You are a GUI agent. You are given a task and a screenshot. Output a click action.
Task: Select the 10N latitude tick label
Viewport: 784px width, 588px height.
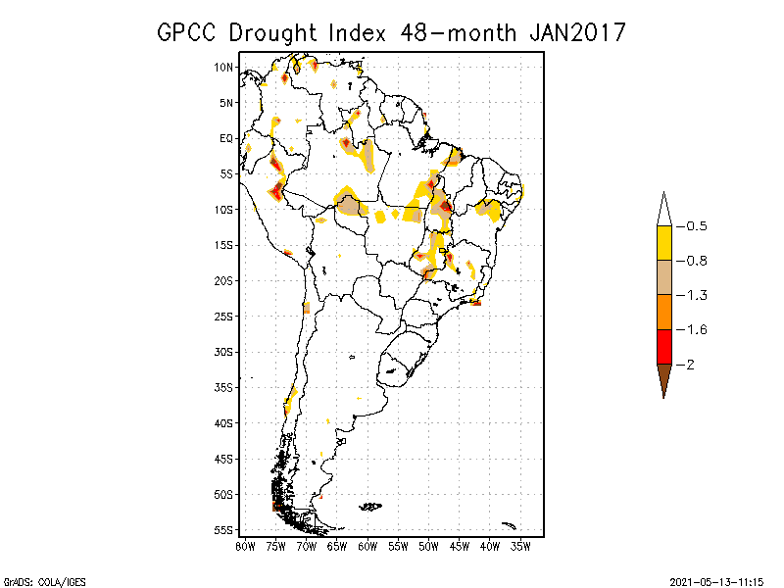(224, 68)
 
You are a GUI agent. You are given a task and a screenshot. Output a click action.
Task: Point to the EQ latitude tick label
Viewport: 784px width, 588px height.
(226, 138)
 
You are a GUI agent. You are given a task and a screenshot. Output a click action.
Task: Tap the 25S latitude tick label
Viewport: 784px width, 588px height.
(224, 317)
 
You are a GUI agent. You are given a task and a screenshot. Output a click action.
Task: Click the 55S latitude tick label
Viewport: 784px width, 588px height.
(224, 530)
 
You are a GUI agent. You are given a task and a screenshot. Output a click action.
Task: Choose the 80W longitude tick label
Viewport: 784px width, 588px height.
(245, 546)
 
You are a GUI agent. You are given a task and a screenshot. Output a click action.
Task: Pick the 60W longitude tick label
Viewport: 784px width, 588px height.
(367, 546)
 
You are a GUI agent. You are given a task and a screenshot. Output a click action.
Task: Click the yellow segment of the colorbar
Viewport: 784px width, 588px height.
(663, 243)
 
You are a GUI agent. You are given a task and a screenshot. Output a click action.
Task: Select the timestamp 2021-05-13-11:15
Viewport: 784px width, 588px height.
(722, 580)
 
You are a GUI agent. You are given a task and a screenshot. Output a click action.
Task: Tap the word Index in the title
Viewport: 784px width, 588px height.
(361, 32)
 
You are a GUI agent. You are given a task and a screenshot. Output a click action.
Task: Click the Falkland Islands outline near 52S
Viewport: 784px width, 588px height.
(370, 507)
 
